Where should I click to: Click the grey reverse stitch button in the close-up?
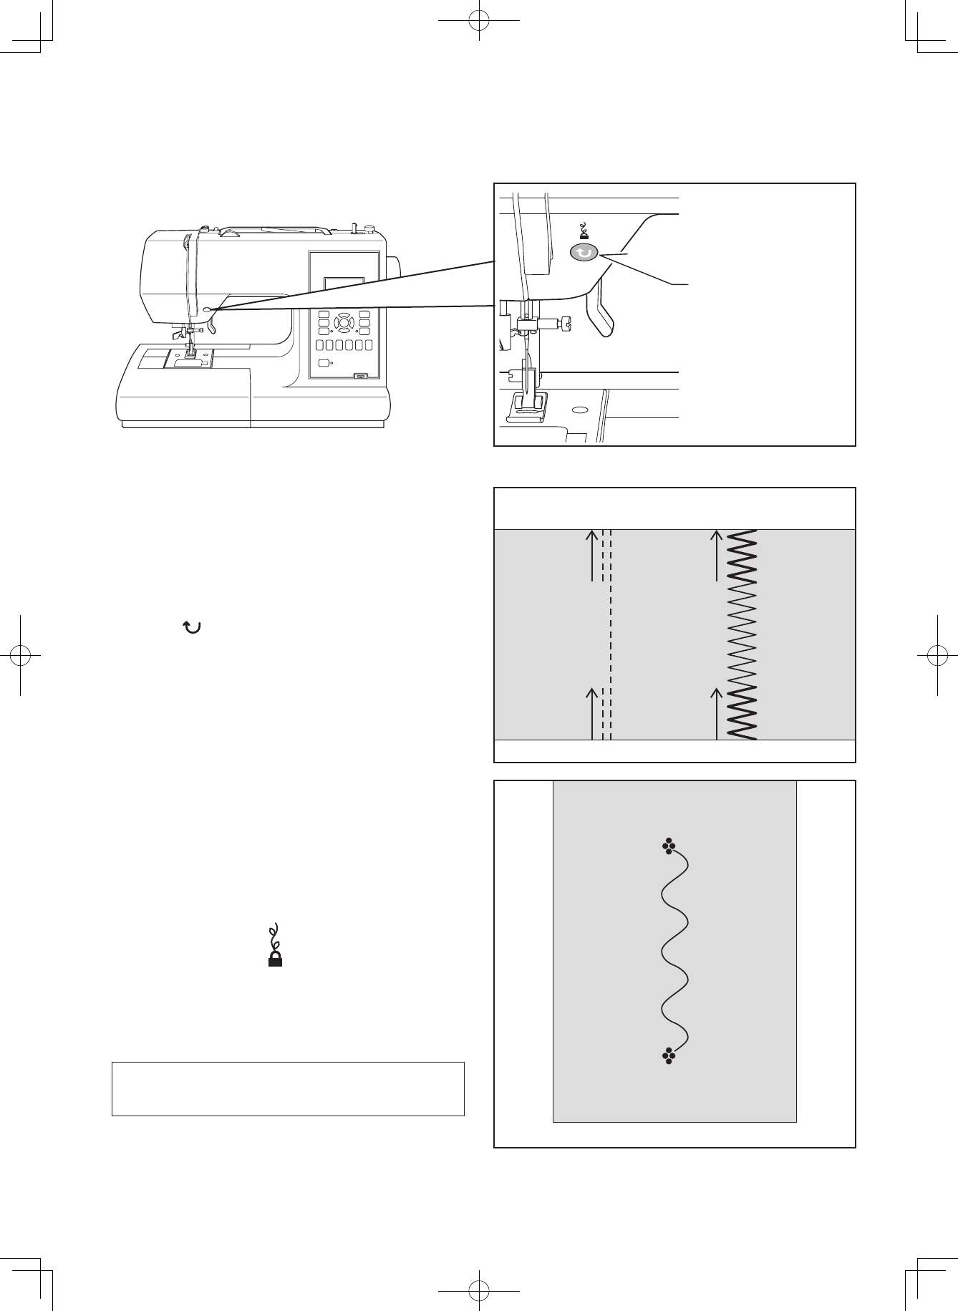[x=584, y=253]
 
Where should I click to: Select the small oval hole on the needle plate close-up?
[x=580, y=411]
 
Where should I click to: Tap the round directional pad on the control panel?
[x=344, y=323]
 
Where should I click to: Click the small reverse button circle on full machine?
[x=207, y=309]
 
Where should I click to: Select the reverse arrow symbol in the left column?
[x=192, y=627]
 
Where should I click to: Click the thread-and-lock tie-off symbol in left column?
[x=273, y=947]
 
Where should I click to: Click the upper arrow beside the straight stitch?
[x=592, y=555]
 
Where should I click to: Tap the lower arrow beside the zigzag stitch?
[x=717, y=712]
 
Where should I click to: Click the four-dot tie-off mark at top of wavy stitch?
[x=669, y=846]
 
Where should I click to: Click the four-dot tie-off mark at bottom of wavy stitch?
[x=669, y=1055]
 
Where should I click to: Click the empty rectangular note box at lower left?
[x=288, y=1089]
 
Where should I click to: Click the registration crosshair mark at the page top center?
[x=478, y=21]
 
